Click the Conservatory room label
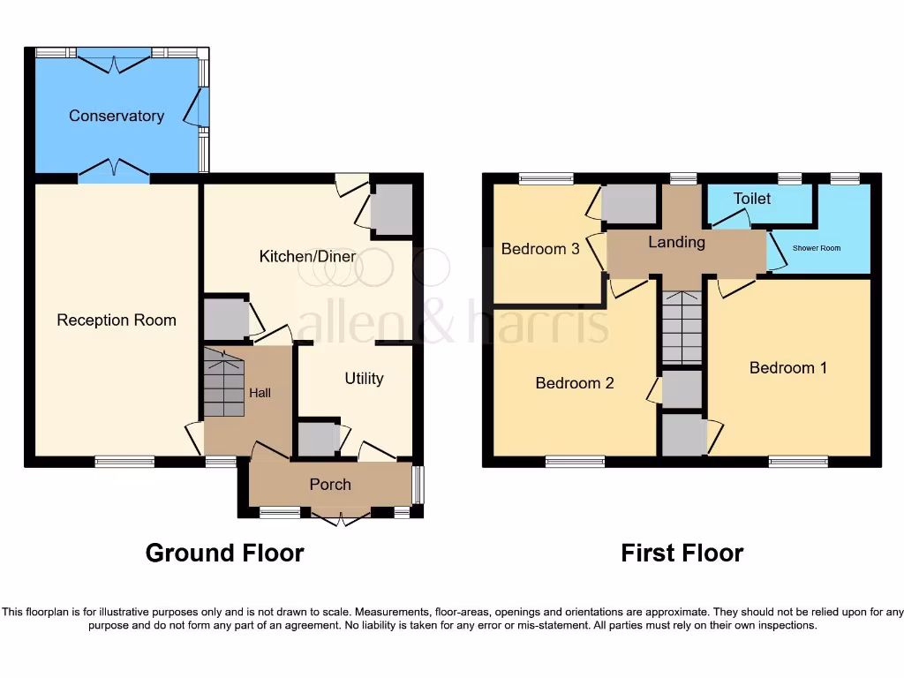pyautogui.click(x=117, y=116)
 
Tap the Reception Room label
pyautogui.click(x=117, y=320)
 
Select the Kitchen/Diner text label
pyautogui.click(x=307, y=256)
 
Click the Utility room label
pyautogui.click(x=364, y=378)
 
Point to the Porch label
pyautogui.click(x=330, y=484)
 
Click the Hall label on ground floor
pyautogui.click(x=260, y=393)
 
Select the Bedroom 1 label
pyautogui.click(x=788, y=367)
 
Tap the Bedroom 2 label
pyautogui.click(x=575, y=383)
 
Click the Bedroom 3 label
pyautogui.click(x=540, y=249)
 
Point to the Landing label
pyautogui.click(x=677, y=242)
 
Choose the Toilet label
pyautogui.click(x=752, y=199)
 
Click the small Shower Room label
pyautogui.click(x=817, y=248)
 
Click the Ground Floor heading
pyautogui.click(x=224, y=553)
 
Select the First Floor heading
pyautogui.click(x=682, y=553)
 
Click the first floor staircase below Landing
pyautogui.click(x=682, y=328)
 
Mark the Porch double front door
pyautogui.click(x=339, y=516)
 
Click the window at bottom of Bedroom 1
pyautogui.click(x=798, y=461)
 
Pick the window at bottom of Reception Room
pyautogui.click(x=124, y=461)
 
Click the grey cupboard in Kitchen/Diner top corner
pyautogui.click(x=392, y=210)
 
